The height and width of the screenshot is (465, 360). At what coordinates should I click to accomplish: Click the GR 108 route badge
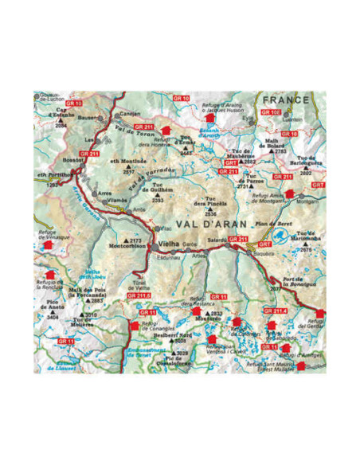click(271, 113)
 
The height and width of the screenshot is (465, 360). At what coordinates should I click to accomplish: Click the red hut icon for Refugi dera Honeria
click(166, 129)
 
